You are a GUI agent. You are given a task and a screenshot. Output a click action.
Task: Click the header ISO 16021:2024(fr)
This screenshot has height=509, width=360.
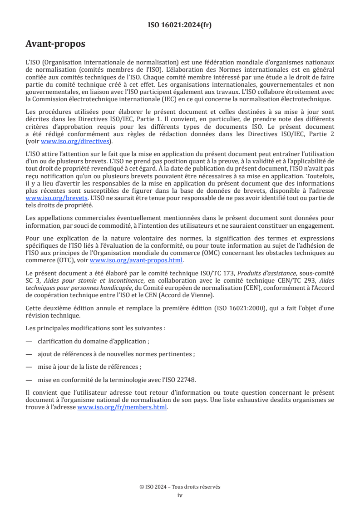point(180,25)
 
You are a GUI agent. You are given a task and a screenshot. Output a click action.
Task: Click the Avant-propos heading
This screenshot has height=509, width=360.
point(55,44)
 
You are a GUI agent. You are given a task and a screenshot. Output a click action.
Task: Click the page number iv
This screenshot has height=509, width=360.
point(180,495)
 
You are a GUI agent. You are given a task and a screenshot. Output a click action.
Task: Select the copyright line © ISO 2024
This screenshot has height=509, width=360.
point(180,487)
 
